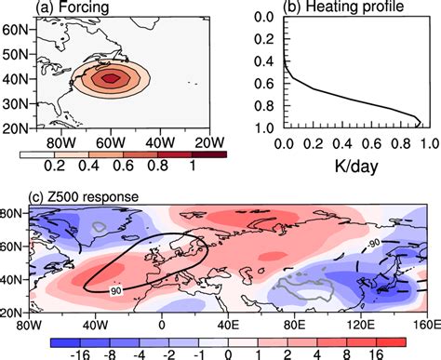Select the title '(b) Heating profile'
[x=336, y=7]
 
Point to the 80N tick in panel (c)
[x=13, y=213]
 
